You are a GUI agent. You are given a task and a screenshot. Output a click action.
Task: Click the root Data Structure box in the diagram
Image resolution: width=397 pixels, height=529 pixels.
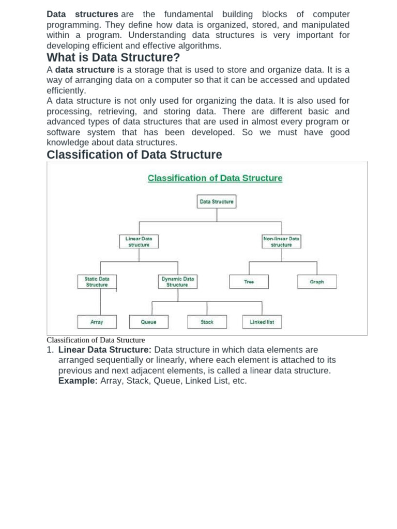217,201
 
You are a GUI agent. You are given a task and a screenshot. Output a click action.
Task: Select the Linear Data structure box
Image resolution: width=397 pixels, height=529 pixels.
139,241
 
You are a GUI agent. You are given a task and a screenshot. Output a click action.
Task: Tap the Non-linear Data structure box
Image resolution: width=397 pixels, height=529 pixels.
281,241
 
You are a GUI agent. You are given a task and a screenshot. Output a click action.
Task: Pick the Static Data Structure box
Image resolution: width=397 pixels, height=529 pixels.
97,282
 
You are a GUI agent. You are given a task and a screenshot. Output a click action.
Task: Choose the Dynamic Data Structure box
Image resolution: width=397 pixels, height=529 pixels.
177,282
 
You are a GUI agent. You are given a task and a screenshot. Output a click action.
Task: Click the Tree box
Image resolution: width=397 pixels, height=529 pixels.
249,282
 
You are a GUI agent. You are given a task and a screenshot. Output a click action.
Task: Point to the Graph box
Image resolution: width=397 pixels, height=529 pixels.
317,282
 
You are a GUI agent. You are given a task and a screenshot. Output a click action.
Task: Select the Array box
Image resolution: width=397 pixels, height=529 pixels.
97,322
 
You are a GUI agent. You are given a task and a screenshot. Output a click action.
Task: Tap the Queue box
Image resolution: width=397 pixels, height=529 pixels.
148,322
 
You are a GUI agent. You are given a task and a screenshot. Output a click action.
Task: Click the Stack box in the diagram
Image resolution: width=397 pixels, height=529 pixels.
207,322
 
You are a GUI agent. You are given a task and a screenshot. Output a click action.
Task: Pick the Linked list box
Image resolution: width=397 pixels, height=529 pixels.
262,322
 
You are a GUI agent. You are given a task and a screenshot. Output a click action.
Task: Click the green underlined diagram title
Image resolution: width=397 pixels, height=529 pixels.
215,178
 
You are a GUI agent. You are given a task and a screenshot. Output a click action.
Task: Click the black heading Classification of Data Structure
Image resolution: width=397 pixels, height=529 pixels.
134,154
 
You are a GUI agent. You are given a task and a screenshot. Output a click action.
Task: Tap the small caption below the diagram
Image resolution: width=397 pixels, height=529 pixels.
96,340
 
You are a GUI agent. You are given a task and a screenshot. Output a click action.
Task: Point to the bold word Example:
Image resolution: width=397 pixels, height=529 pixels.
78,381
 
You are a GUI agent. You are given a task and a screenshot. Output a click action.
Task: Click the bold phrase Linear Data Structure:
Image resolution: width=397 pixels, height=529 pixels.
105,350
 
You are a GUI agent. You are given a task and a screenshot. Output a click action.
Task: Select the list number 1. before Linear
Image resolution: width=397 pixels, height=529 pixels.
50,350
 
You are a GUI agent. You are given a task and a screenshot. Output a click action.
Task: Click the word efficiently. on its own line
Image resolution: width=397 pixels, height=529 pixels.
66,90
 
